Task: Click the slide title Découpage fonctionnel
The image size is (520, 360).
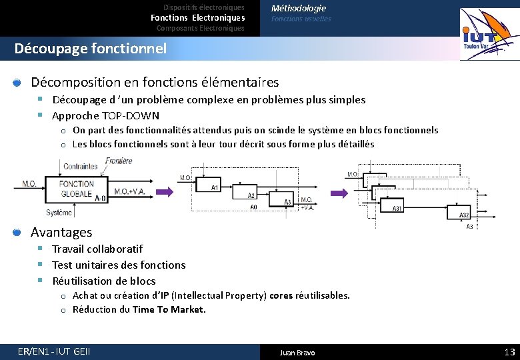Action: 90,49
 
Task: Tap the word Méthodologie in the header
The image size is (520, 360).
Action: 298,8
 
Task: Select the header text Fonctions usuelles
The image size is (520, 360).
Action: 301,19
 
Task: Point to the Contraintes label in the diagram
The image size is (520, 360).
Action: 80,166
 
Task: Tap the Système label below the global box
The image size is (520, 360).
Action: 59,213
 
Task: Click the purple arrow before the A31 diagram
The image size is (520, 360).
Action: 340,193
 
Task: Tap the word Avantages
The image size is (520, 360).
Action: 61,232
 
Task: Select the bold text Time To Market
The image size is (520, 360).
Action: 169,309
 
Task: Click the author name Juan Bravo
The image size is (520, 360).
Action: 297,353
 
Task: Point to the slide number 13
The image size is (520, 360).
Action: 510,352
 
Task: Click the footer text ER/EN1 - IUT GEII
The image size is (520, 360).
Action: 55,352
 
